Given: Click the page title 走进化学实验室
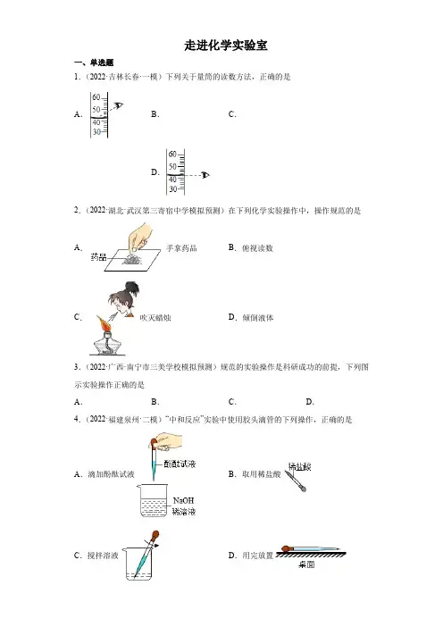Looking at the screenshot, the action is click(x=225, y=46).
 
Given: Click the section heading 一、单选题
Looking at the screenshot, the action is click(x=94, y=63).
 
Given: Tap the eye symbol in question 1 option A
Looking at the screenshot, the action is click(x=119, y=105).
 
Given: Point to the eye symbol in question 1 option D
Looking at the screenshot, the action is click(x=205, y=175).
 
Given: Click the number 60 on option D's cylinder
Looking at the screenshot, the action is click(x=172, y=154).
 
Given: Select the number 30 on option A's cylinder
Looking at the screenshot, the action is click(x=96, y=132).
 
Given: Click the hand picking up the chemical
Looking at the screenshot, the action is click(x=138, y=237).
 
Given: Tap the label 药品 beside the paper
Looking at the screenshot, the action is click(x=98, y=257).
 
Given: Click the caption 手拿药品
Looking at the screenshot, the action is click(x=181, y=248).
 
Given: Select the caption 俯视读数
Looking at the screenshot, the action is click(x=257, y=248).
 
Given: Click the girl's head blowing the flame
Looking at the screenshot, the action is click(x=123, y=299).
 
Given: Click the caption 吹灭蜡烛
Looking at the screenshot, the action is click(x=155, y=318).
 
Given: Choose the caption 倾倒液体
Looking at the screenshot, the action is click(x=258, y=318).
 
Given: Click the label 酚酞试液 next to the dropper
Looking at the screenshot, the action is click(x=180, y=464).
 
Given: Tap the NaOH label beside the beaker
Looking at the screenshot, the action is click(x=183, y=500).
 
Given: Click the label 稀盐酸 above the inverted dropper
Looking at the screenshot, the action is click(x=299, y=466).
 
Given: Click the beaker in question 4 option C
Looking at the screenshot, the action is click(x=137, y=564).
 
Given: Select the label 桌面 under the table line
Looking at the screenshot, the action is click(x=306, y=564).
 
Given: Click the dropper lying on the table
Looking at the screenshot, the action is click(x=311, y=549).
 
